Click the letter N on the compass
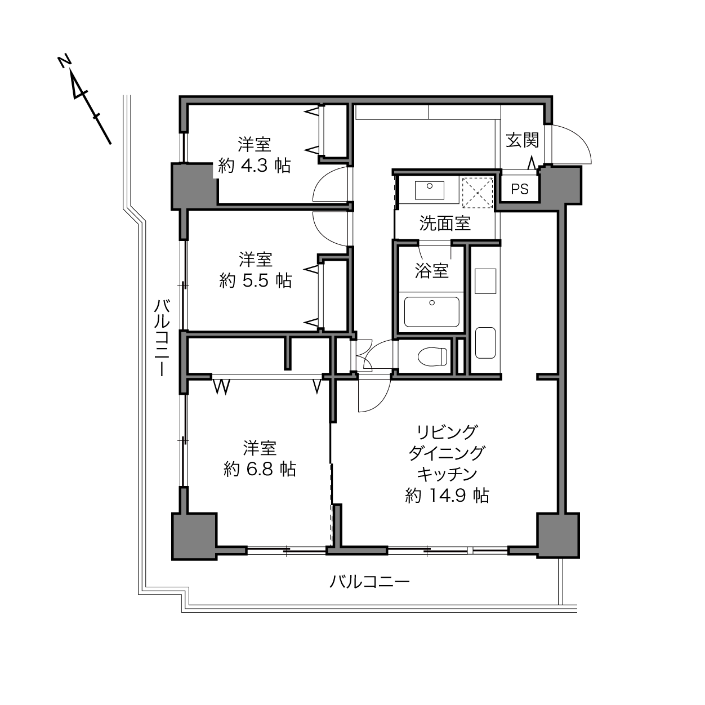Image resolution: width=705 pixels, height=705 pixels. [64, 61]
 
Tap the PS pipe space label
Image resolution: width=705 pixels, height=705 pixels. [520, 189]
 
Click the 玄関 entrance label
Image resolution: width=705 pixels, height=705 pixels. [523, 140]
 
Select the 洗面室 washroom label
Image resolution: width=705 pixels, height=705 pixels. [445, 223]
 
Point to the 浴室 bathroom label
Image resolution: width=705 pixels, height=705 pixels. [432, 271]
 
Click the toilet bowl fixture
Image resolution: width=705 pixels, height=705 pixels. [432, 356]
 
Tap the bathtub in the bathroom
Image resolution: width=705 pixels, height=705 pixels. [432, 312]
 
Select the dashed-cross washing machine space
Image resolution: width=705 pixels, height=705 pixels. [478, 193]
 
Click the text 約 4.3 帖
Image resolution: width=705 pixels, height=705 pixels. [255, 166]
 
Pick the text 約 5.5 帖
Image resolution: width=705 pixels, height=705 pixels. [256, 280]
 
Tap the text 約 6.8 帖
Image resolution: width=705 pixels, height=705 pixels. [260, 470]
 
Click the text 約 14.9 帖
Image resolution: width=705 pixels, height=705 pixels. [447, 496]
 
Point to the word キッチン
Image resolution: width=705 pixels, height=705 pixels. [447, 475]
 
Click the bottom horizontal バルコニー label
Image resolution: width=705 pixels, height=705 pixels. [369, 581]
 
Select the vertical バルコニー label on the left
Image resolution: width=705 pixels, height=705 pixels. [162, 338]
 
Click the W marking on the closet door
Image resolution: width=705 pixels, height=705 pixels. [222, 387]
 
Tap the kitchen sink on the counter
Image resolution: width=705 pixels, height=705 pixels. [485, 343]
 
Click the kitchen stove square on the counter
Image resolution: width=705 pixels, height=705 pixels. [485, 281]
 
